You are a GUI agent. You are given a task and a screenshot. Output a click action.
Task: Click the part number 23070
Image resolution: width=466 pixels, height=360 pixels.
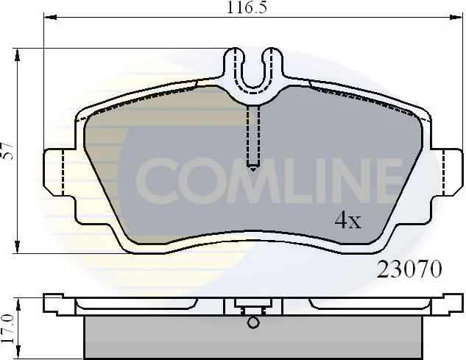[409, 270]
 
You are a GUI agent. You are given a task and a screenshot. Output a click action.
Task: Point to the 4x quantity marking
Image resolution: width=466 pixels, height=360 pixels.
[348, 220]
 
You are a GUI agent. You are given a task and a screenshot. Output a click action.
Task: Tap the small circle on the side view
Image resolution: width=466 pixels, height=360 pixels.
[253, 322]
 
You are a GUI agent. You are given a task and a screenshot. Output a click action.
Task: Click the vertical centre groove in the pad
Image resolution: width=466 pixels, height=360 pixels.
[253, 136]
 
